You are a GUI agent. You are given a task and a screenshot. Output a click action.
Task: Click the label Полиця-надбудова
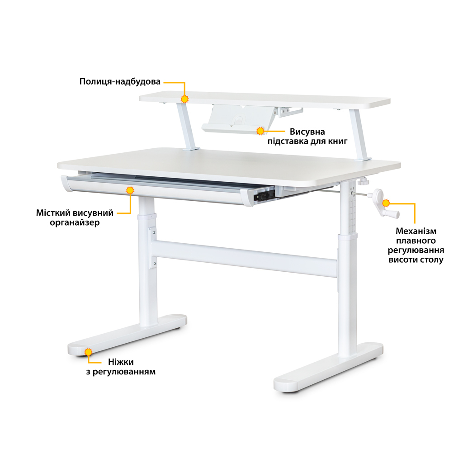point(120,82)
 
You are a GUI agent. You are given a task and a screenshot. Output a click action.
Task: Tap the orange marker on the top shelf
point(184,99)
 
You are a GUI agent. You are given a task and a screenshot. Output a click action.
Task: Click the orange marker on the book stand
point(260,131)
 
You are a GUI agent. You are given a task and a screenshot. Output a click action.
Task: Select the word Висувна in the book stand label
point(307,132)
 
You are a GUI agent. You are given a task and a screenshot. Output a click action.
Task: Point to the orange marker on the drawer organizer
point(130,190)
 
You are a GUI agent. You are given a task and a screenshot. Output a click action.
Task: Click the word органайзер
point(75,222)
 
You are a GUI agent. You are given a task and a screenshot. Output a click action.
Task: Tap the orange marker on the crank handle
point(386,203)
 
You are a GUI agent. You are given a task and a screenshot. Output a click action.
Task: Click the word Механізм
point(416,231)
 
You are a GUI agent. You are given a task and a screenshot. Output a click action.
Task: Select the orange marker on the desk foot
point(88,352)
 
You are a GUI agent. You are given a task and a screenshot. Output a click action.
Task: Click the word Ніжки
point(121,362)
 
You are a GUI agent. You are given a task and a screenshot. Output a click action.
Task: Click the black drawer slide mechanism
point(264,195)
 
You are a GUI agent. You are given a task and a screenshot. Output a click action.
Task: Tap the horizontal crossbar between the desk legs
point(244,257)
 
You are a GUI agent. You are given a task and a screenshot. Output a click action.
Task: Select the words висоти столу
point(416,260)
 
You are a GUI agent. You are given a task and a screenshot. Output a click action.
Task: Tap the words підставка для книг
point(307,142)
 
